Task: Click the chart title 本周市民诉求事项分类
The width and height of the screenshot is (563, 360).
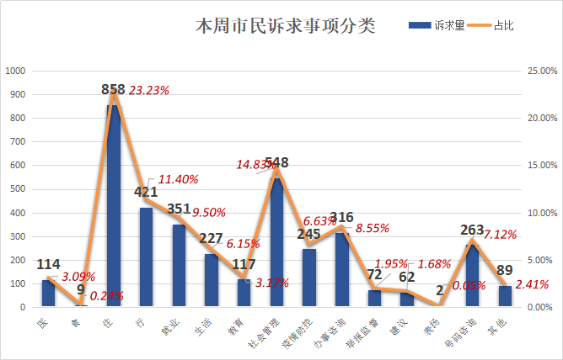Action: pyautogui.click(x=286, y=26)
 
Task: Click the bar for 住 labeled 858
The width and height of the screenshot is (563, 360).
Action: pyautogui.click(x=114, y=206)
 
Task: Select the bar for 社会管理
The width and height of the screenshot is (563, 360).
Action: pyautogui.click(x=276, y=242)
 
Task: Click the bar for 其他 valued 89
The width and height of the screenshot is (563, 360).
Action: pyautogui.click(x=505, y=296)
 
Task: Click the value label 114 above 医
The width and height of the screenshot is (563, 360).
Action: pyautogui.click(x=48, y=264)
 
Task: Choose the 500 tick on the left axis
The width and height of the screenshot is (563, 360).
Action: pyautogui.click(x=18, y=189)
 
